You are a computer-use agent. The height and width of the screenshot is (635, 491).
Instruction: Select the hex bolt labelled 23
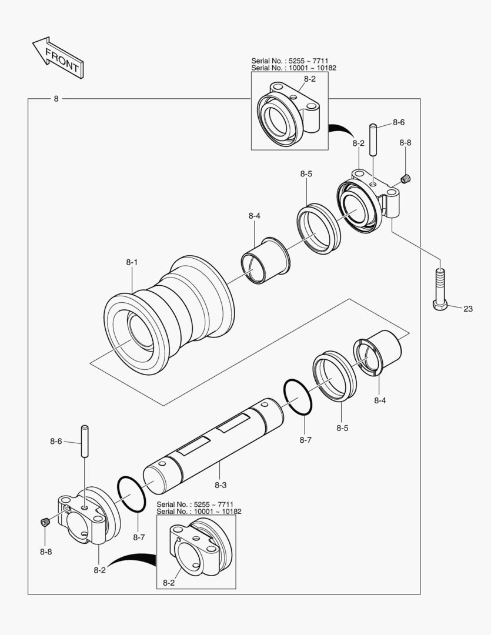coord(440,291)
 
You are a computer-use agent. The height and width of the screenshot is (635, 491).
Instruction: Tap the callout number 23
coord(467,308)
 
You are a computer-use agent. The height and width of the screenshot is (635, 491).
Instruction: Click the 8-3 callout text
coord(221,485)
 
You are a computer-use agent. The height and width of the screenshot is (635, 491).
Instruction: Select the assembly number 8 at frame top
coord(56,99)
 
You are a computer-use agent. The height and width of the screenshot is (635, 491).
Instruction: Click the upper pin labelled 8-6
coord(373,139)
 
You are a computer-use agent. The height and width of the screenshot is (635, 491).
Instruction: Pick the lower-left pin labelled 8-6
coord(85,441)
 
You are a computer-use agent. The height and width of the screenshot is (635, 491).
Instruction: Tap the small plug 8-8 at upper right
coord(406,179)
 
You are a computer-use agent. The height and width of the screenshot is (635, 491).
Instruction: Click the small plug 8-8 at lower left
coord(45,522)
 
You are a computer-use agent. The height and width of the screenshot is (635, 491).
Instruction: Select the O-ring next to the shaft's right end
coord(298,399)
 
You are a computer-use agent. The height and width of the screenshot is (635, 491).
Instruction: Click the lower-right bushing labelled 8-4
coord(378,353)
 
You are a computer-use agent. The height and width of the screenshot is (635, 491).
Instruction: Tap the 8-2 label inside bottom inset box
coord(169,583)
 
